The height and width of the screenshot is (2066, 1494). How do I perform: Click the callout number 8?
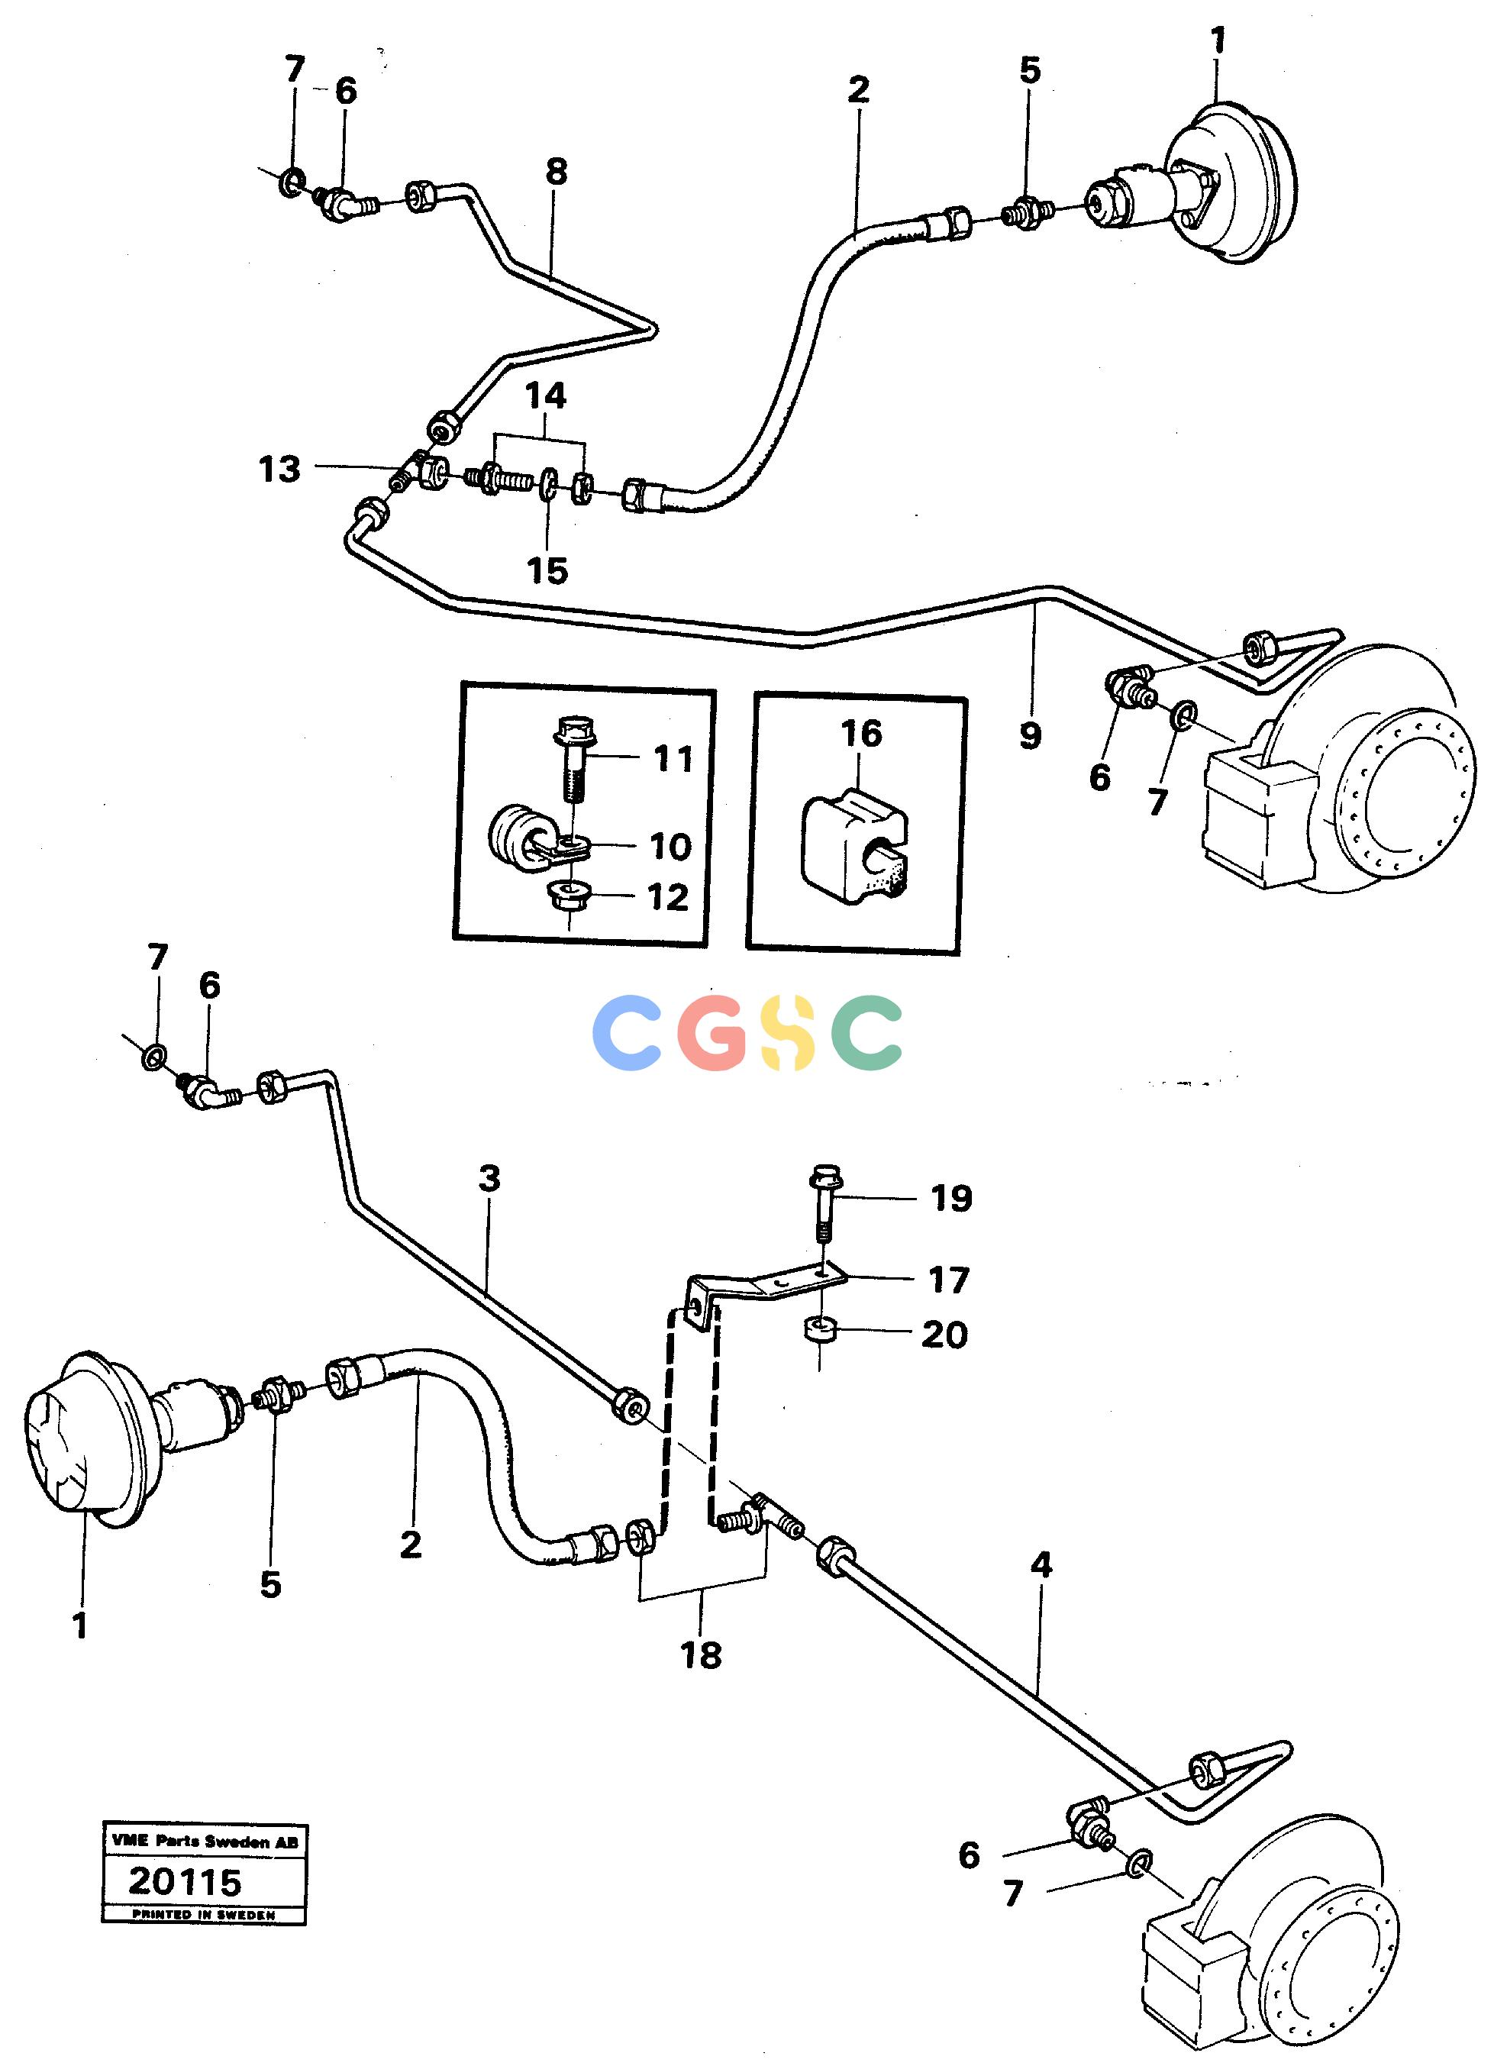(x=556, y=170)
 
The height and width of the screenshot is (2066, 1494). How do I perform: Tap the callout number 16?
(x=861, y=733)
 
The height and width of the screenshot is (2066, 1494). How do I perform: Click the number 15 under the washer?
(x=547, y=571)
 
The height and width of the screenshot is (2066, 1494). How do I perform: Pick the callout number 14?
(x=546, y=395)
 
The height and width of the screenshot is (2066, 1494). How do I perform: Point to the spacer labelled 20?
(x=820, y=1332)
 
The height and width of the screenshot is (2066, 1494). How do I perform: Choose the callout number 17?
(x=948, y=1280)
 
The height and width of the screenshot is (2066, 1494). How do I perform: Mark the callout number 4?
(x=1041, y=1565)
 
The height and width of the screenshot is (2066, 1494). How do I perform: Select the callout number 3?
(x=490, y=1178)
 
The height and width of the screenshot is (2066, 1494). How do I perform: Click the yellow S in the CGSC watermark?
(x=789, y=1032)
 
